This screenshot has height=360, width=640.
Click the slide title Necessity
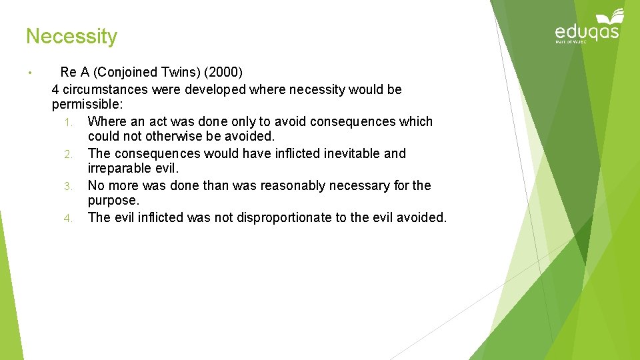click(71, 36)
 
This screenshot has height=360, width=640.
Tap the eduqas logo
click(587, 29)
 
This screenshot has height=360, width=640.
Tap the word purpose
click(112, 201)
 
